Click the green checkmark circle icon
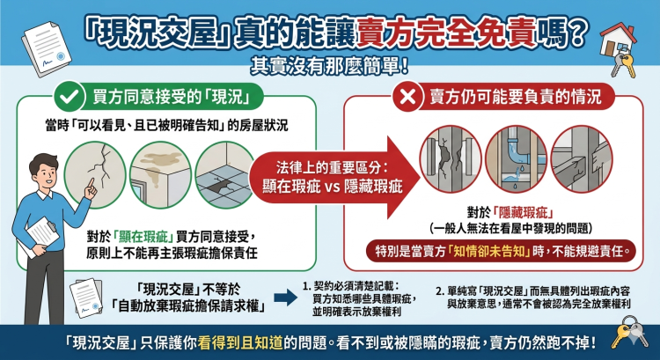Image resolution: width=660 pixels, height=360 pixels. coord(70,97)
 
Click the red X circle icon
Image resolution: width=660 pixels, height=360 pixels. coord(407,97)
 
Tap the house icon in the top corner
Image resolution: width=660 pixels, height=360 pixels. coord(617,40)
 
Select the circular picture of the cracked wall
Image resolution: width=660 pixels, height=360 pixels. coord(95,174)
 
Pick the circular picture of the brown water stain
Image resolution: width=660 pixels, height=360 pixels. coord(160,174)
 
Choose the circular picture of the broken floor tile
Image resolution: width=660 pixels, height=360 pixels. coord(224,174)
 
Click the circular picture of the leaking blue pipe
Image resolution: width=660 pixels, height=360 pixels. coord(516,159)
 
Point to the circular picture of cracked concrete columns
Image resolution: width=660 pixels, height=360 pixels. coord(451,159)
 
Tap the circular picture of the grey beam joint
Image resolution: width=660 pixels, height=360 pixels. coord(582,159)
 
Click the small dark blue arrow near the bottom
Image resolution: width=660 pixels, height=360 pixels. coord(285,298)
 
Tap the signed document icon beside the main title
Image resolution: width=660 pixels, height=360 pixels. coord(47,48)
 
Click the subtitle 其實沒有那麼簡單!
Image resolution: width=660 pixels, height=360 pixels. coord(330,66)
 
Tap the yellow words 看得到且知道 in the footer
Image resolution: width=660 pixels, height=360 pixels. coord(240,343)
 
